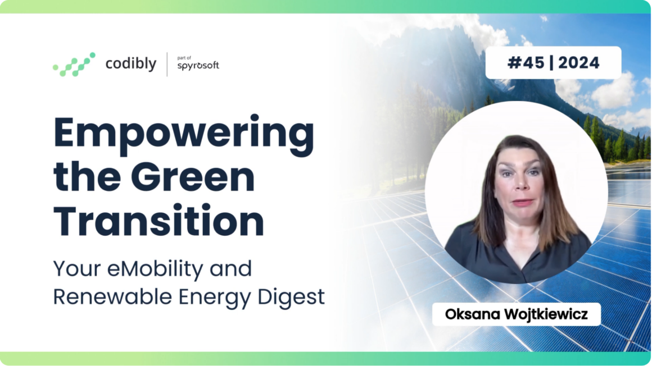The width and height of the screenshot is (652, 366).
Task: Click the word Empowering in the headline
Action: pyautogui.click(x=184, y=135)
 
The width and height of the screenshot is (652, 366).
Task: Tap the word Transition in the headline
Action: pyautogui.click(x=159, y=220)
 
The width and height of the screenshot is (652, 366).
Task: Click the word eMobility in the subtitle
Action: pyautogui.click(x=155, y=269)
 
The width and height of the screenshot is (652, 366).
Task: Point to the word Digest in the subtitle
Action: pyautogui.click(x=291, y=298)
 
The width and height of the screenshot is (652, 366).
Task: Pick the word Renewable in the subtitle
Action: pyautogui.click(x=112, y=296)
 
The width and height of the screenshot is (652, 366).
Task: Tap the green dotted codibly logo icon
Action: pyautogui.click(x=74, y=65)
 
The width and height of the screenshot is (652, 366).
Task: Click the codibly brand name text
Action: pyautogui.click(x=130, y=63)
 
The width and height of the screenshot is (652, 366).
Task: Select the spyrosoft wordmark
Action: pyautogui.click(x=198, y=66)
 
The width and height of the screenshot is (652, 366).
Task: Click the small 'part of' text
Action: pyautogui.click(x=184, y=58)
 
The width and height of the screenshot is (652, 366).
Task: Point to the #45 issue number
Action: pyautogui.click(x=526, y=63)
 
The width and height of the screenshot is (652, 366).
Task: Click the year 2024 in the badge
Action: pyautogui.click(x=578, y=63)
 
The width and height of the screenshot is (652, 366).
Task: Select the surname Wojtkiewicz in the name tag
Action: pyautogui.click(x=546, y=314)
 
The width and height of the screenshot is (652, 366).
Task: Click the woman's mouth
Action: pyautogui.click(x=523, y=203)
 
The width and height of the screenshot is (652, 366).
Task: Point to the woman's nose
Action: pyautogui.click(x=521, y=185)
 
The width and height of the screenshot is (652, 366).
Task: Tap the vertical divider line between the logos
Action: pyautogui.click(x=167, y=65)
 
